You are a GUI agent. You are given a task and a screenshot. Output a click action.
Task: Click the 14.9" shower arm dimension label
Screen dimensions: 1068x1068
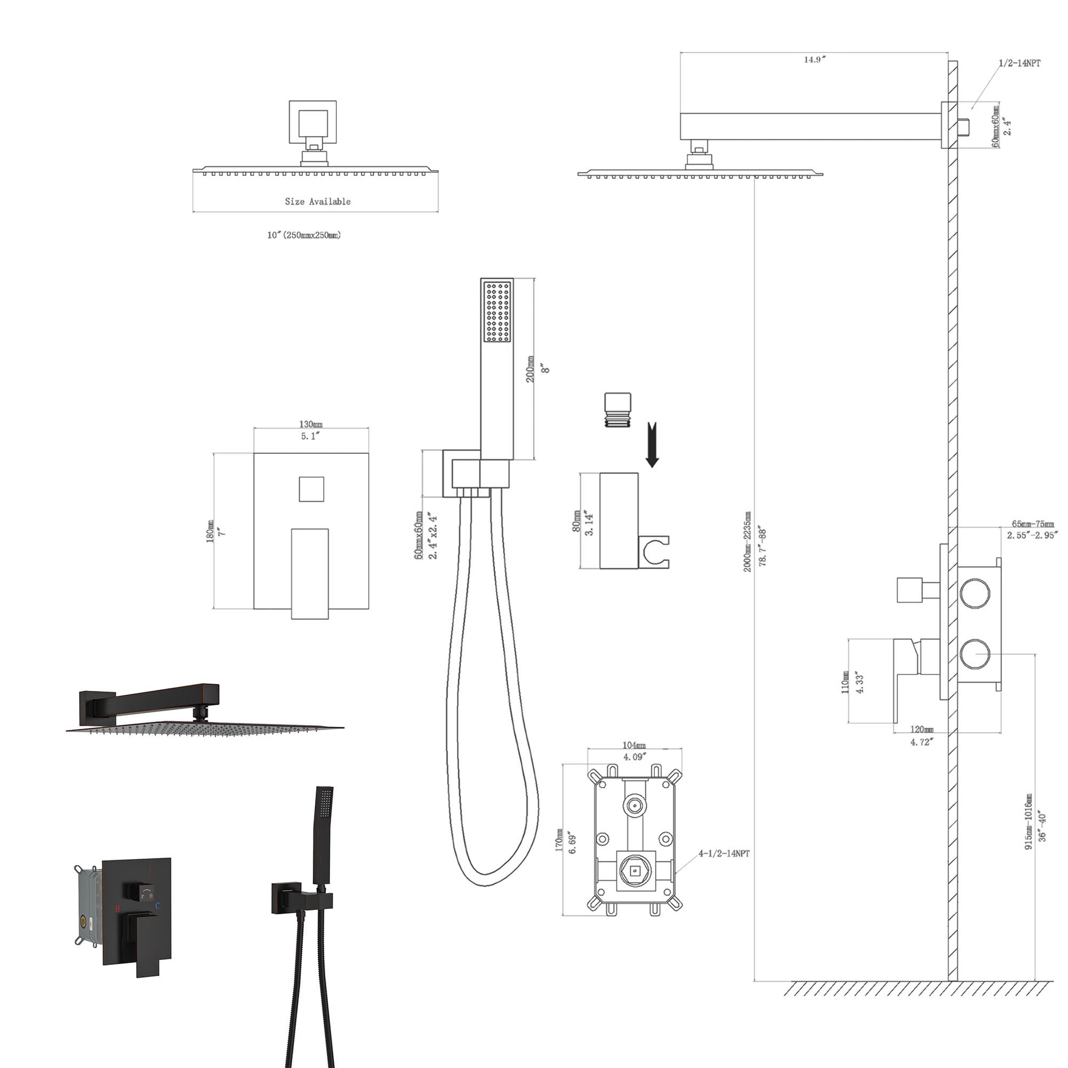[x=814, y=60]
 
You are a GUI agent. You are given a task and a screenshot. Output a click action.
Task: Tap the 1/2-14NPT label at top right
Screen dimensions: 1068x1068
[x=1019, y=63]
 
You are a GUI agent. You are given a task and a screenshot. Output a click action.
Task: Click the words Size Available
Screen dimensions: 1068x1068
[x=317, y=202]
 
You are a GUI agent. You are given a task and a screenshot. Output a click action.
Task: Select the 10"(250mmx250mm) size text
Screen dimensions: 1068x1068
[x=304, y=235]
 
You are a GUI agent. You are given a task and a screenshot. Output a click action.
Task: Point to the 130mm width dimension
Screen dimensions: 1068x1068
[x=311, y=425]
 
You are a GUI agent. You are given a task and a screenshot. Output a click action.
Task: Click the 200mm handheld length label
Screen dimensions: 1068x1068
[x=530, y=369]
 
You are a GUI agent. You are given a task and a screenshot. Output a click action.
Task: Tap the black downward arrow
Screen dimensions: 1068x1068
[x=653, y=446]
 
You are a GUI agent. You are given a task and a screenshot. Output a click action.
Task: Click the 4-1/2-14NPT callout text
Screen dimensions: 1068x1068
[x=723, y=853]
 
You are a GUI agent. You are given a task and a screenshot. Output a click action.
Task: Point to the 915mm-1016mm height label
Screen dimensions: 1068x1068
[x=1028, y=822]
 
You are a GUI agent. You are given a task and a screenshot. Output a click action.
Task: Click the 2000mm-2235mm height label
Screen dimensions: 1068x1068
[x=747, y=542]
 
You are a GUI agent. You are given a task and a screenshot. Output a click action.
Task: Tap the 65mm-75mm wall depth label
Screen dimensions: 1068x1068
[x=1033, y=524]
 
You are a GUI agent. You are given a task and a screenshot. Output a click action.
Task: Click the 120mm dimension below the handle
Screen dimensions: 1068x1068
[x=921, y=730]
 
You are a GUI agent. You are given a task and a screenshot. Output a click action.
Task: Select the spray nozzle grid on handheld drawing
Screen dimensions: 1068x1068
[x=497, y=312]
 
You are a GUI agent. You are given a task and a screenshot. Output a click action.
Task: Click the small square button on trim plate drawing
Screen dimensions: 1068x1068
[x=311, y=489]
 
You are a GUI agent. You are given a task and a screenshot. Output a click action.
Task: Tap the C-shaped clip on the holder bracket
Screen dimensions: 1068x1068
[x=656, y=551]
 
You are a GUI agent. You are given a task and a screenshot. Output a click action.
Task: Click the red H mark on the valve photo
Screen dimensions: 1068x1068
[x=117, y=908]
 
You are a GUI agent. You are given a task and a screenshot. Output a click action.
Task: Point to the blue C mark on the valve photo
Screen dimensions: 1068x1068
[x=158, y=906]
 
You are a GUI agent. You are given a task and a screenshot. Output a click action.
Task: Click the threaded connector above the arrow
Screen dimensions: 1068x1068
[x=617, y=409]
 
